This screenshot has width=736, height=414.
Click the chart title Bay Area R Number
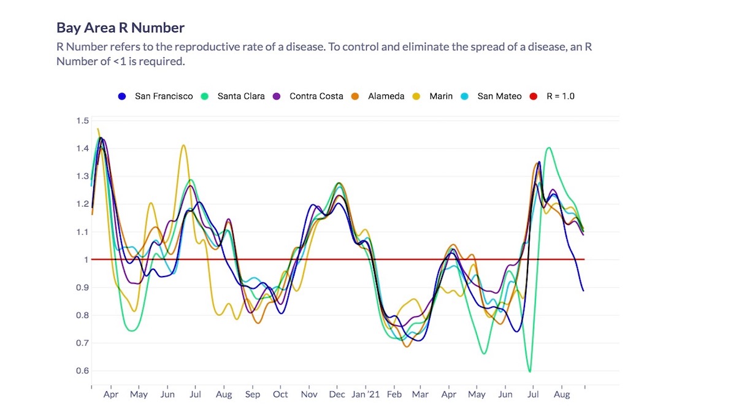pyautogui.click(x=120, y=28)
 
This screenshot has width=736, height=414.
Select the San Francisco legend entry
pyautogui.click(x=156, y=96)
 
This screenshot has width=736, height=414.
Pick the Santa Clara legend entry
pyautogui.click(x=234, y=96)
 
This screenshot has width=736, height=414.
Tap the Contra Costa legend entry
pyautogui.click(x=309, y=96)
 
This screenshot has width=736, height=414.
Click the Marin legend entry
pyautogui.click(x=434, y=96)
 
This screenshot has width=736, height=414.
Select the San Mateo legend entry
pyautogui.click(x=492, y=96)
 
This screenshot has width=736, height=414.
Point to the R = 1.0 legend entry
pyautogui.click(x=552, y=96)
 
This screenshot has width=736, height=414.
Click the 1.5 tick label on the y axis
pyautogui.click(x=82, y=120)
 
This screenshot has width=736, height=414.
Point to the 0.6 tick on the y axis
pyautogui.click(x=82, y=371)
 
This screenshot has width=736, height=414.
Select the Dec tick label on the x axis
pyautogui.click(x=336, y=395)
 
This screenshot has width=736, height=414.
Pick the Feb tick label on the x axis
pyautogui.click(x=394, y=395)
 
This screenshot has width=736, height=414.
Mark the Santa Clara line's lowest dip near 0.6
pyautogui.click(x=529, y=371)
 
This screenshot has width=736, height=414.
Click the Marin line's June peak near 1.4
pyautogui.click(x=183, y=145)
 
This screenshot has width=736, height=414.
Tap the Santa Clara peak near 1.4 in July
pyautogui.click(x=548, y=148)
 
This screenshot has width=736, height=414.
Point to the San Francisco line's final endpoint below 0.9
pyautogui.click(x=583, y=290)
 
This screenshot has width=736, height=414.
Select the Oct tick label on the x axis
pyautogui.click(x=280, y=395)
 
